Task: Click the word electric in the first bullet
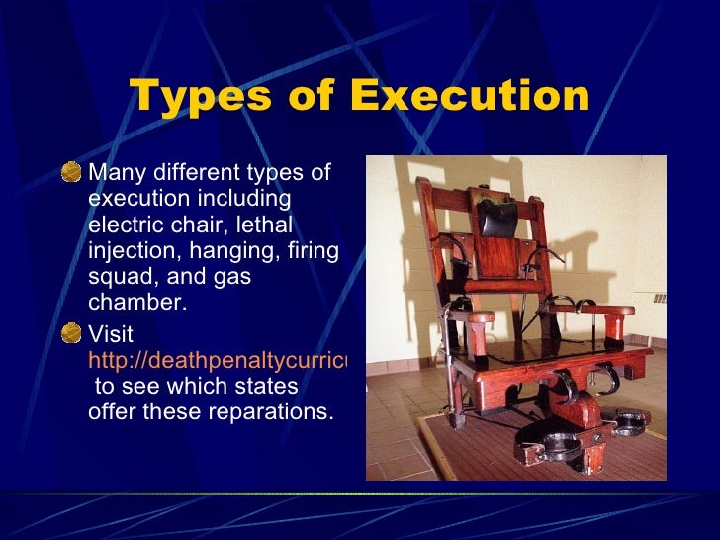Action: (124, 225)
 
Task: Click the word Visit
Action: (111, 335)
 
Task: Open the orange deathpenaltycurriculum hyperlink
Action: (218, 361)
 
